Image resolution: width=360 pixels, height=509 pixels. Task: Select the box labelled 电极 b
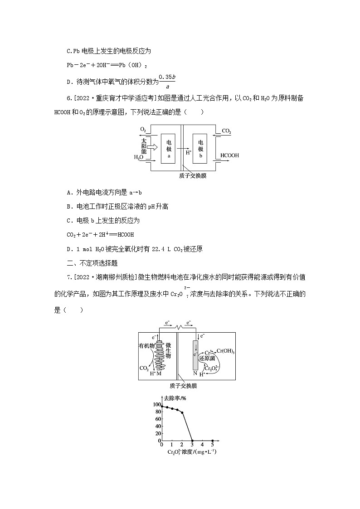point(201,149)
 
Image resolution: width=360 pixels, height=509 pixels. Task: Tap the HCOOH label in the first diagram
point(230,155)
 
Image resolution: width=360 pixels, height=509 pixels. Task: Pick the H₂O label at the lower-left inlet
point(138,158)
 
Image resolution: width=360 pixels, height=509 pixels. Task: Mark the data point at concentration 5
point(212,441)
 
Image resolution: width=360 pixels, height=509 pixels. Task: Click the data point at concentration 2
point(182,412)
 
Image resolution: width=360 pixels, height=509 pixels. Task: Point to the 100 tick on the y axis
point(156,404)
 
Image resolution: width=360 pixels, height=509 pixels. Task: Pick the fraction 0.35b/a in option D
point(167,82)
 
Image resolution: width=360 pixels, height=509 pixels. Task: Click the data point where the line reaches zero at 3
point(192,441)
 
